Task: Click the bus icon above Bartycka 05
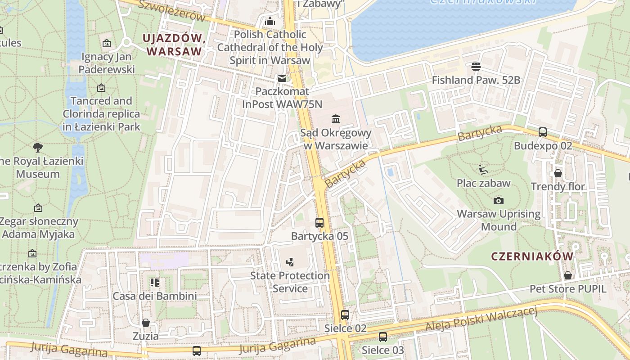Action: tap(319, 222)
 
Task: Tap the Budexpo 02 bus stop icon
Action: tap(543, 132)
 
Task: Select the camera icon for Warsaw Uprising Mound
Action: tap(499, 201)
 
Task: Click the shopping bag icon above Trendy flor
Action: tap(558, 173)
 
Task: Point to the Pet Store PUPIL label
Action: tap(567, 288)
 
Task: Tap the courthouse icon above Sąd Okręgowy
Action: tap(336, 119)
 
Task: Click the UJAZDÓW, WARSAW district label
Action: tap(174, 45)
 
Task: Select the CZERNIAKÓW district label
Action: tap(532, 256)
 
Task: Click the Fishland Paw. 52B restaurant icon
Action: tap(476, 67)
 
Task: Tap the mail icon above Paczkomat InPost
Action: tap(282, 78)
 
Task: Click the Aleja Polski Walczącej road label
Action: tap(481, 320)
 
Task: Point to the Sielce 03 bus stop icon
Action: tap(383, 337)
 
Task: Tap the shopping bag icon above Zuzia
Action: tap(146, 323)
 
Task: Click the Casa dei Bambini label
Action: tap(154, 296)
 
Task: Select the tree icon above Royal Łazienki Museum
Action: tap(38, 147)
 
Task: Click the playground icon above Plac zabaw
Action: tap(483, 170)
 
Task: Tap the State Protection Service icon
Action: tap(290, 262)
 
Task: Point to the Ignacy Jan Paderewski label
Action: tap(107, 63)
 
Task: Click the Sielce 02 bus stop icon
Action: tap(345, 315)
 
